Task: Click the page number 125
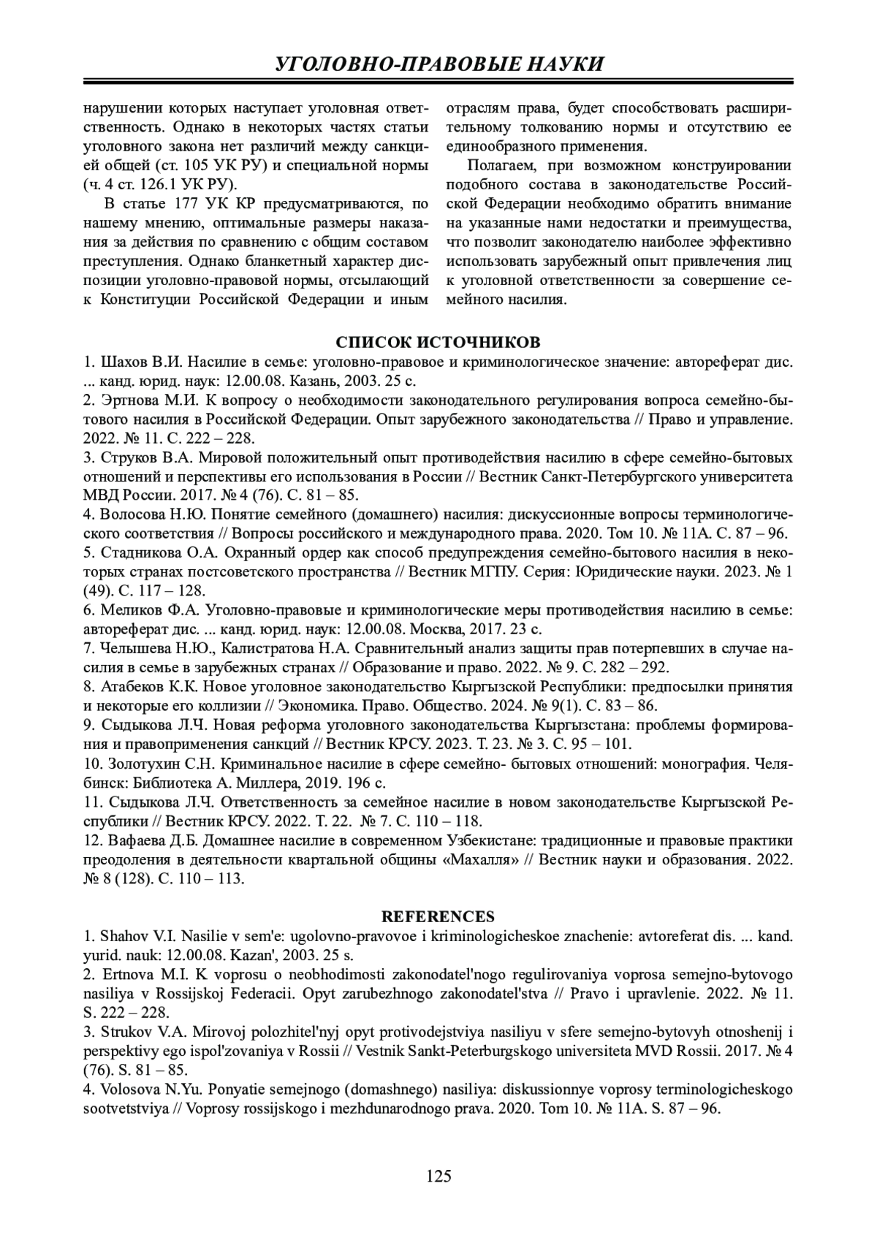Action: coord(438,1176)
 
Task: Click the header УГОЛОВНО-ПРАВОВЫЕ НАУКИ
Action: coord(438,64)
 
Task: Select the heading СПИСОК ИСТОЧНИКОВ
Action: coord(438,343)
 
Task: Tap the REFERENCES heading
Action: coord(438,916)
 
